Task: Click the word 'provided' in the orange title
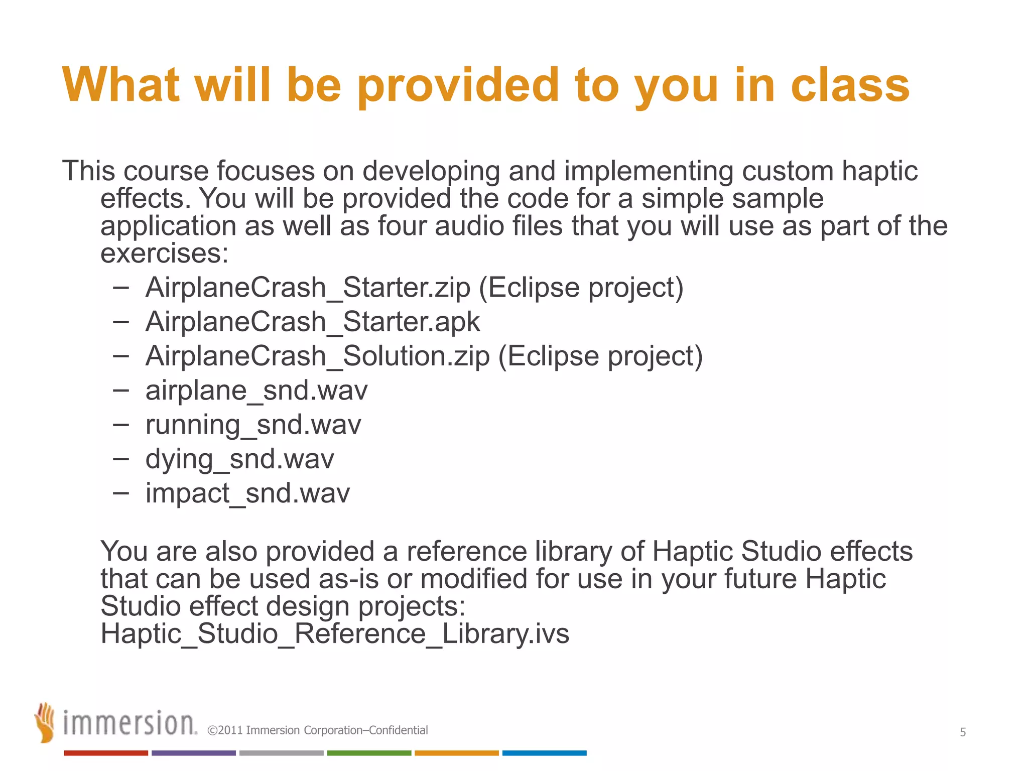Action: [458, 86]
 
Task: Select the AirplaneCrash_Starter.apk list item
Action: [312, 322]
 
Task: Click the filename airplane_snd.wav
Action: [256, 391]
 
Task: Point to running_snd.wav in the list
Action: [253, 425]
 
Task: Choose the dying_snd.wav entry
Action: [239, 459]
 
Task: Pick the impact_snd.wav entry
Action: [247, 493]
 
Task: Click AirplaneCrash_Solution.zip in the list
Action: [317, 356]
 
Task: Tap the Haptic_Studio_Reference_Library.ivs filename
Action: [335, 633]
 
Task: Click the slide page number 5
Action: [962, 732]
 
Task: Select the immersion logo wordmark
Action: [130, 724]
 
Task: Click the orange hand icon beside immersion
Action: [45, 722]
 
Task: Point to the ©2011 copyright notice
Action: [317, 730]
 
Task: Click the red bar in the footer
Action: [105, 753]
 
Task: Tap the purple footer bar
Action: [193, 753]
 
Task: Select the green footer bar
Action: [369, 753]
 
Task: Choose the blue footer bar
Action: [544, 753]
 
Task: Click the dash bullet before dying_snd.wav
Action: [121, 458]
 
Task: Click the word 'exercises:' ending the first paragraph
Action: [164, 253]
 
